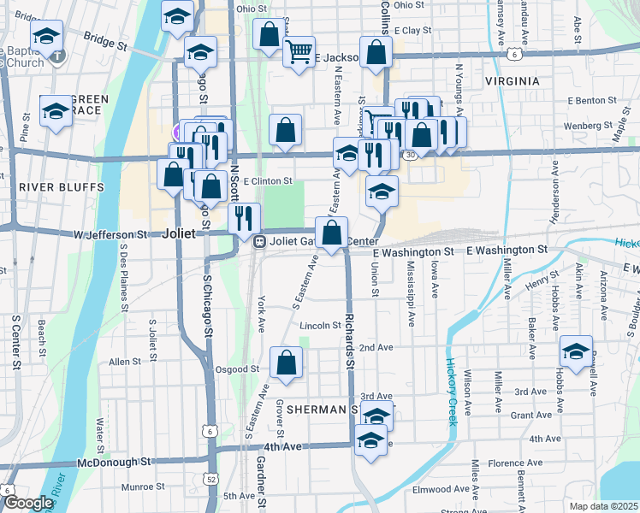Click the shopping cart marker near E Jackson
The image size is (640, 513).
click(x=299, y=51)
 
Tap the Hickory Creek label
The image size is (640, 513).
click(x=452, y=391)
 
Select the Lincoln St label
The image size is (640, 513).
click(x=321, y=326)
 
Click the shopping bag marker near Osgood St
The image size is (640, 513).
click(x=286, y=363)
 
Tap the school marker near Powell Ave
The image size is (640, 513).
click(x=577, y=351)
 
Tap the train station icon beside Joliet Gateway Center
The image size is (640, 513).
click(x=258, y=241)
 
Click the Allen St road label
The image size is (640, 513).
click(x=125, y=362)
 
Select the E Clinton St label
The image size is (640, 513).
click(x=268, y=181)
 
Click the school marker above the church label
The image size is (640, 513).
click(x=45, y=35)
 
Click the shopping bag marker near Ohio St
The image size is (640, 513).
click(x=269, y=34)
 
